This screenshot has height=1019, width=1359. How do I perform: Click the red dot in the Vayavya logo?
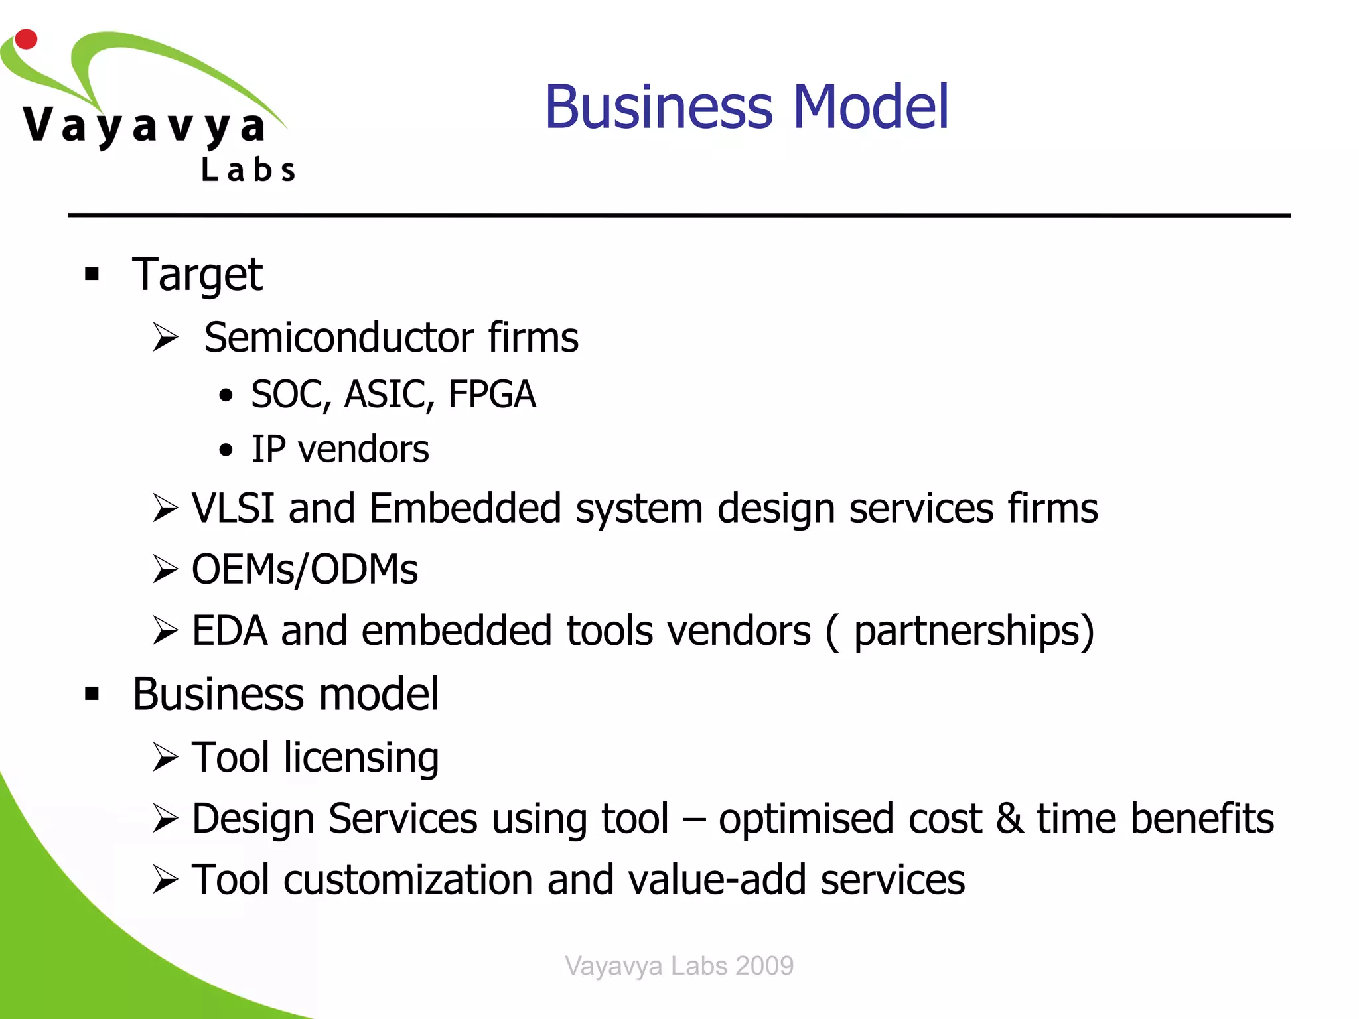click(26, 39)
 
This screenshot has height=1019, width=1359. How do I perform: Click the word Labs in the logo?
click(248, 170)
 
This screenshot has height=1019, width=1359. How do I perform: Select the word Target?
click(197, 274)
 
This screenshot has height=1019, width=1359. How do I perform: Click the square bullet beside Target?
click(92, 273)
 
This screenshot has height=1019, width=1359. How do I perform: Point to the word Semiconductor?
click(338, 338)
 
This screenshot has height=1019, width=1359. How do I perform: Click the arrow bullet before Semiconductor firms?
click(165, 337)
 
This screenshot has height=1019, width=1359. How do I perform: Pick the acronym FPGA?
click(492, 394)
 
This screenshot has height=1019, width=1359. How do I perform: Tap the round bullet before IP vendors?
click(226, 450)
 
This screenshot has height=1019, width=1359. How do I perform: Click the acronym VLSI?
click(233, 508)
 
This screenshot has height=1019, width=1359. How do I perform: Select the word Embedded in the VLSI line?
click(465, 508)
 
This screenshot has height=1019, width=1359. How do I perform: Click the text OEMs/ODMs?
click(305, 569)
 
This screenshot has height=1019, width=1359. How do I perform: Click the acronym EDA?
click(229, 630)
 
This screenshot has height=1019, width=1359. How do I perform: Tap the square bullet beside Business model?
click(92, 694)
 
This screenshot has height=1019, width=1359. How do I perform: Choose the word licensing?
click(361, 758)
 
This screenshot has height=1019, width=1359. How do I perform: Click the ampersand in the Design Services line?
click(1009, 819)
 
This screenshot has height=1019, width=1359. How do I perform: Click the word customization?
click(408, 880)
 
